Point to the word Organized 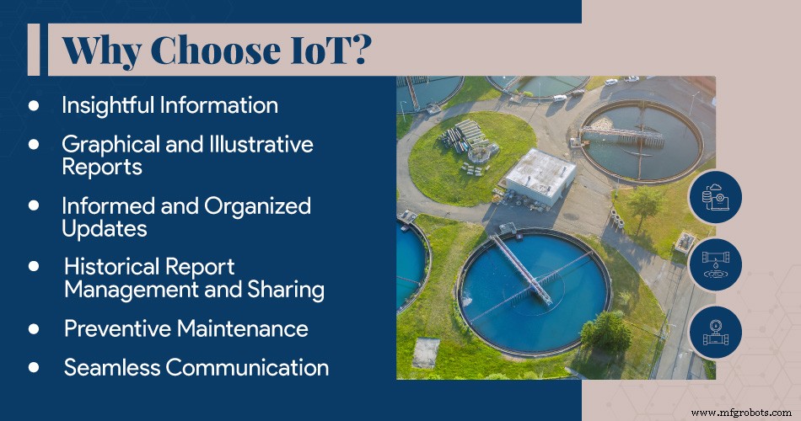(257, 205)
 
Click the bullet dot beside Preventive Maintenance (35, 328)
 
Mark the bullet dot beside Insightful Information (34, 105)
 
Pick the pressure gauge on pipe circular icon (715, 332)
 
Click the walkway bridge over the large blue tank (523, 269)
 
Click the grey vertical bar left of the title (34, 50)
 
